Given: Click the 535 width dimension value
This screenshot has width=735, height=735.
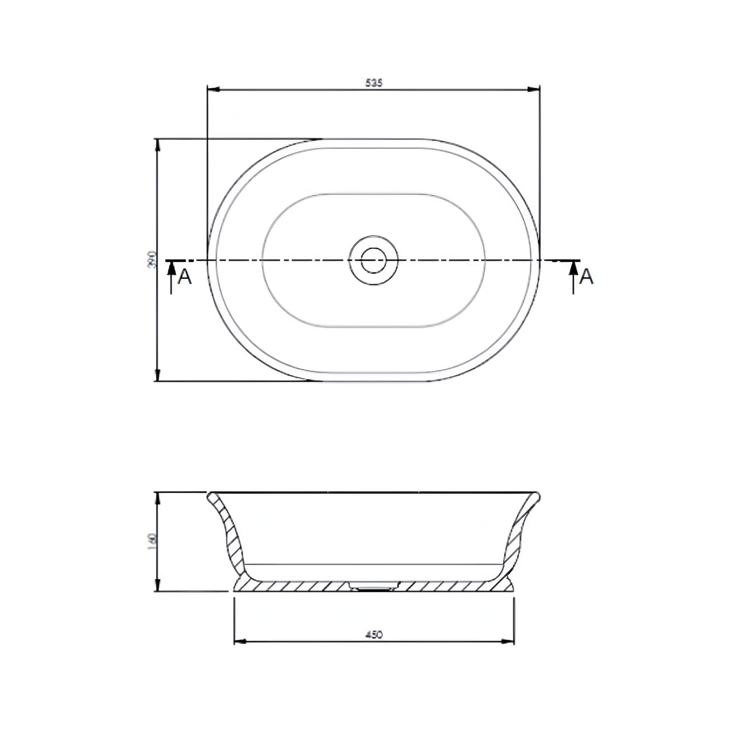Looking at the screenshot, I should tap(373, 82).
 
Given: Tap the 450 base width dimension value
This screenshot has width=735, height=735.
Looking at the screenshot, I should tap(374, 634).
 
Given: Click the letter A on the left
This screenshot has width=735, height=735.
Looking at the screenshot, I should tap(185, 277).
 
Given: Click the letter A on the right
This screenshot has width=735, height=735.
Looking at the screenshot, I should tap(586, 277).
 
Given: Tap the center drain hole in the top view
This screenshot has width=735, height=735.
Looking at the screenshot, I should tap(373, 260).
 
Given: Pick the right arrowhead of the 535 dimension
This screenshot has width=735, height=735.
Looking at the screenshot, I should tap(534, 90).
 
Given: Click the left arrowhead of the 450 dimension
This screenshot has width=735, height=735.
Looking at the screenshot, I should tap(240, 641).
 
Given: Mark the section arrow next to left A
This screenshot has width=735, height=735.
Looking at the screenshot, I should tap(171, 270).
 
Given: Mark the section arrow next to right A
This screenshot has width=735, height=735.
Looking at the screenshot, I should tap(574, 270).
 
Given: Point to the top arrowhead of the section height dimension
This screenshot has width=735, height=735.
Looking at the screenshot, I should tap(157, 498).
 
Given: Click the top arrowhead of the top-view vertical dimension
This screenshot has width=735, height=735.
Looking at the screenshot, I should tap(157, 144).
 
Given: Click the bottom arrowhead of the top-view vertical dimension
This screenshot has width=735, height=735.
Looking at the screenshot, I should tap(157, 375).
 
